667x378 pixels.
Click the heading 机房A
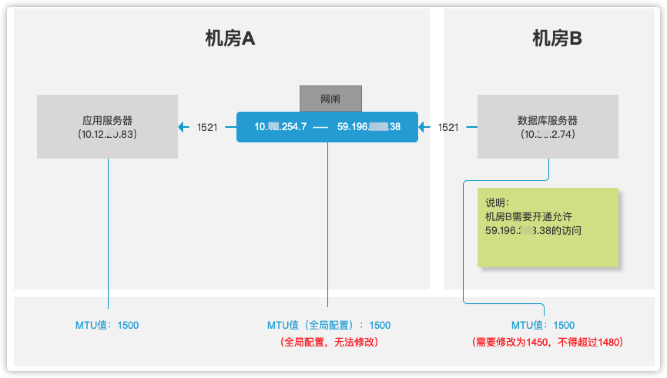coord(230,39)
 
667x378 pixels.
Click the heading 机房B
coord(557,39)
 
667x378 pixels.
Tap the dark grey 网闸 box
coord(330,99)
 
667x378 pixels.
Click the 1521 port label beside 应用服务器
coord(207,127)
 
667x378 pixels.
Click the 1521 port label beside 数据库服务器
coord(448,127)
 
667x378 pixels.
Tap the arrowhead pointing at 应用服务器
coord(183,127)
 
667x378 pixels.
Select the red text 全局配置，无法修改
coord(329,342)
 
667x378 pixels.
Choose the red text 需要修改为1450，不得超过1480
coord(547,342)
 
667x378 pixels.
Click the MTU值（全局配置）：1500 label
coord(329,325)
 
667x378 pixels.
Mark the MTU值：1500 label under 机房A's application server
coord(107,325)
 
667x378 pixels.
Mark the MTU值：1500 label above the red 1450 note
coord(543,325)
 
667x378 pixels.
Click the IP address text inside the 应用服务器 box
coord(107,134)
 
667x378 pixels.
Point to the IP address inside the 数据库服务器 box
coord(548,134)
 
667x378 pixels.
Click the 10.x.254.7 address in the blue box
coord(280,127)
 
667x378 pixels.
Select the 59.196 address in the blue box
coord(369,127)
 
